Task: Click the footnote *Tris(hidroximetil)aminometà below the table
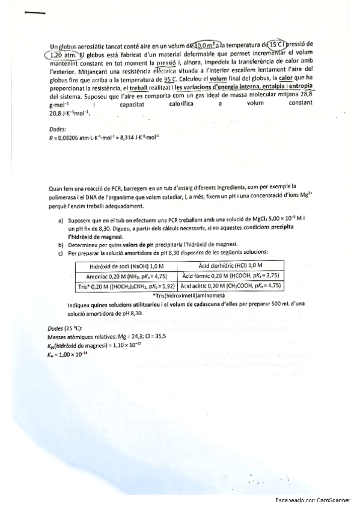[x=189, y=296]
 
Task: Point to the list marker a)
[x=61, y=221]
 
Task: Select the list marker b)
[x=61, y=244]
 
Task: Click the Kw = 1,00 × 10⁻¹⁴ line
[x=70, y=352]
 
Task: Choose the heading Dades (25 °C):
[x=65, y=329]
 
